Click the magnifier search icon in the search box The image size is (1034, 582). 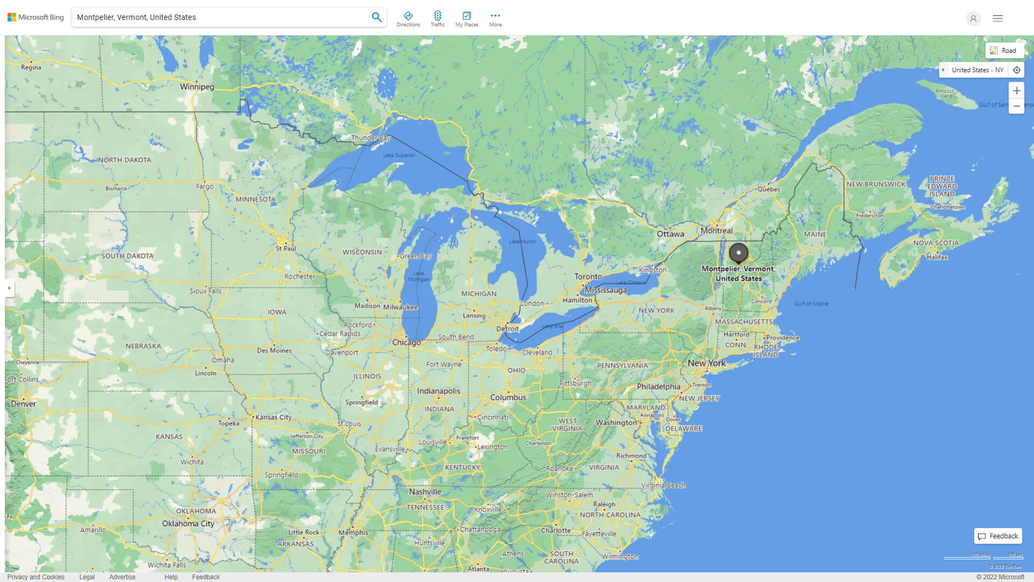tap(376, 17)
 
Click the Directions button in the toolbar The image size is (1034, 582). tap(408, 19)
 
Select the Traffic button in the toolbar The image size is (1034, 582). tap(438, 19)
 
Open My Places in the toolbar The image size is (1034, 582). tap(466, 19)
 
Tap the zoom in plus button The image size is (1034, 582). tap(1016, 91)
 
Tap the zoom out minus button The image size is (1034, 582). tap(1016, 106)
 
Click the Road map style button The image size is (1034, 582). tap(1004, 51)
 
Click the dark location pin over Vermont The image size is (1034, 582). tap(738, 253)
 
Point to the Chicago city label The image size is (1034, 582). tap(406, 343)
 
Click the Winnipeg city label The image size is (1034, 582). tap(197, 87)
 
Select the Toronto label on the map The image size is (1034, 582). tap(588, 276)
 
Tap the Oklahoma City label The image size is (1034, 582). tap(188, 524)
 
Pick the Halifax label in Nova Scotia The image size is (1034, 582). tap(937, 258)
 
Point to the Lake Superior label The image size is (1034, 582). tap(399, 155)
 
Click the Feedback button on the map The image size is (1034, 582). tap(998, 536)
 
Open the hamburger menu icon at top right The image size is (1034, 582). tap(998, 18)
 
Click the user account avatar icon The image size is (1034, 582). tap(973, 18)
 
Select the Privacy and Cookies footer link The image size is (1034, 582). tap(36, 577)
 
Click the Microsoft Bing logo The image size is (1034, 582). tap(36, 17)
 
